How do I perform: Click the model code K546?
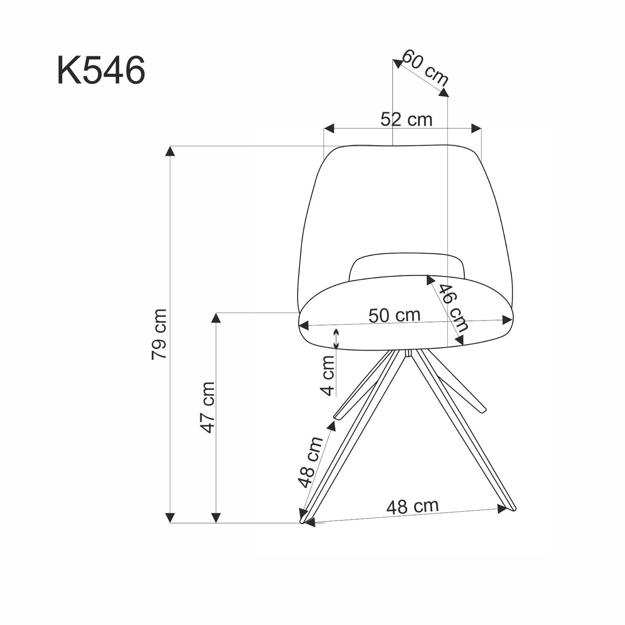point(101,70)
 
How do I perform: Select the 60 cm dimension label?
point(425,67)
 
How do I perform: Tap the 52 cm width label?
point(406,120)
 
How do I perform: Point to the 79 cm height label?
point(159,334)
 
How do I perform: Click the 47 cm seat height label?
point(207,407)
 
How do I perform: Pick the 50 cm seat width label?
point(394,315)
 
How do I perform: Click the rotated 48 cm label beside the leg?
point(311,462)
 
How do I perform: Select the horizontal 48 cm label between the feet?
point(412,506)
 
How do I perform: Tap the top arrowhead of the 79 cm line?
point(170,151)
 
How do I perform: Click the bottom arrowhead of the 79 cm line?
point(170,518)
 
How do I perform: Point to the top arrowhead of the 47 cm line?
point(215,318)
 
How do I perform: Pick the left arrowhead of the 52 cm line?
point(329,128)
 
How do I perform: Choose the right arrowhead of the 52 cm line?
point(476,128)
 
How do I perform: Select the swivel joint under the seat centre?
point(408,353)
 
